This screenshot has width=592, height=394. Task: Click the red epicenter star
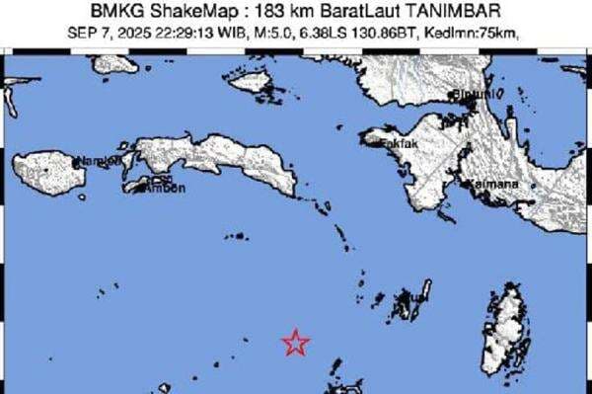[295, 342]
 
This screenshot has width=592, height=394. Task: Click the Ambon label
[165, 188]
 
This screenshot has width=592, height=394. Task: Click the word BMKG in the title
[111, 12]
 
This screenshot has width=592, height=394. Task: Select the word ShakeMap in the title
[181, 12]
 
